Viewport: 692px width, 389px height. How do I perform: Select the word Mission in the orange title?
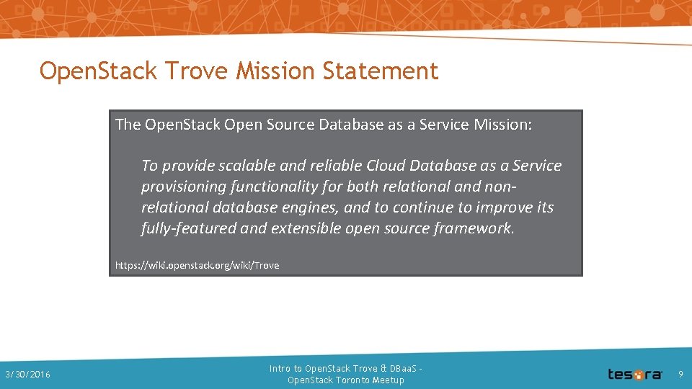(276, 71)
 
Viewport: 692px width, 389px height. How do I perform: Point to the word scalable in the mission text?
(247, 166)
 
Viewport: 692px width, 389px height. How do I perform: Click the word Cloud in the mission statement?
(388, 166)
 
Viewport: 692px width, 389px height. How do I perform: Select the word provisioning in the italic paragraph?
(184, 187)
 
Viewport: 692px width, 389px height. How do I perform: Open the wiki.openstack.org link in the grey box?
(197, 265)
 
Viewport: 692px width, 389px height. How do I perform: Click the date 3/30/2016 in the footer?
(27, 375)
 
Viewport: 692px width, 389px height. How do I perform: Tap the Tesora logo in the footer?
(634, 374)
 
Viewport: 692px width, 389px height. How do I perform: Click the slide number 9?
(680, 374)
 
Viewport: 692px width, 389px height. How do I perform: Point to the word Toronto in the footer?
(352, 380)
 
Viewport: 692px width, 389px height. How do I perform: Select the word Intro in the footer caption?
(280, 369)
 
